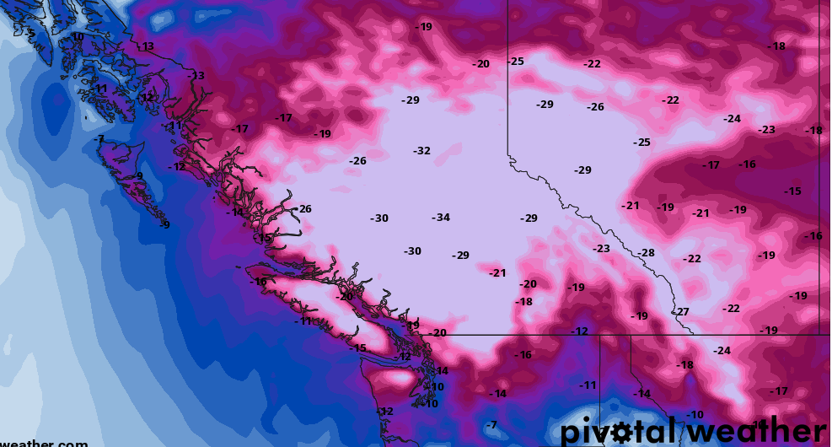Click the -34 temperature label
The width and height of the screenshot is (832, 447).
[441, 218]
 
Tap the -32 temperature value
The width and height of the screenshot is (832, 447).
[421, 151]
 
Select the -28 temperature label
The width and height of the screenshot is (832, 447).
[646, 253]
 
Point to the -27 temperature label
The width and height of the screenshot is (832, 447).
[681, 312]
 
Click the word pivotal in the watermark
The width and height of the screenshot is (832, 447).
[619, 431]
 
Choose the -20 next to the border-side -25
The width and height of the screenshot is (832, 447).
[480, 64]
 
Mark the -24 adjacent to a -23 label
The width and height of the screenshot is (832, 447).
[732, 119]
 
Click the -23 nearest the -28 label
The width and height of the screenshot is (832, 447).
[601, 249]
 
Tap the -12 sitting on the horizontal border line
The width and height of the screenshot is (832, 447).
[579, 331]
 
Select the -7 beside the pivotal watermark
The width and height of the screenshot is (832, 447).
[491, 424]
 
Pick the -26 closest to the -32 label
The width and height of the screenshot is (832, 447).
[357, 161]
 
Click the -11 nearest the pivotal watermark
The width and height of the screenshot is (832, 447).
[588, 385]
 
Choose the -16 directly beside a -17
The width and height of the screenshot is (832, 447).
[746, 164]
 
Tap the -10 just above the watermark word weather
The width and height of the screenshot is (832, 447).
[694, 415]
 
